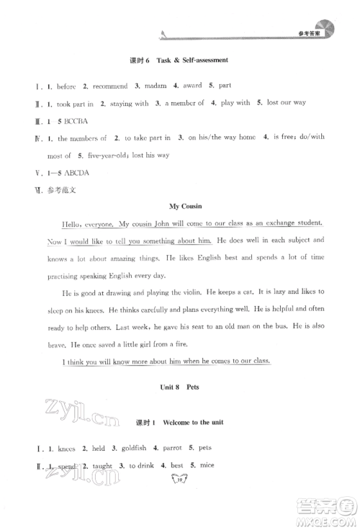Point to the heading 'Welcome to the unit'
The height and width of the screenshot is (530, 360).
(197, 420)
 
